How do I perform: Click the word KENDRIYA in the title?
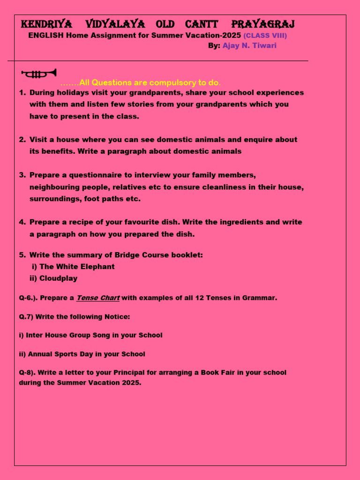tap(47, 24)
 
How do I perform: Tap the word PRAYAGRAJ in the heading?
tap(263, 24)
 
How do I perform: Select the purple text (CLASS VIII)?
tap(265, 36)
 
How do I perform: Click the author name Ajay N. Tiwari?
tap(249, 45)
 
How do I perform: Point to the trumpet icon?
tap(39, 74)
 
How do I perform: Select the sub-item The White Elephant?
tap(77, 267)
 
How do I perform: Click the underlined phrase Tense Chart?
tap(98, 298)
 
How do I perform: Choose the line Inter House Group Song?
tap(94, 336)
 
